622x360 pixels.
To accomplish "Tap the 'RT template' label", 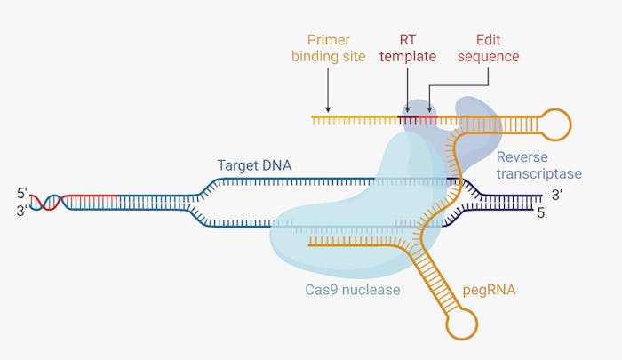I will [x=405, y=48].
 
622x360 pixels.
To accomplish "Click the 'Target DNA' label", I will [x=254, y=165].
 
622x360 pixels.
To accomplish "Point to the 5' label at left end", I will [x=22, y=192].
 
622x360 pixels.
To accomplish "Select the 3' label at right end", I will [x=556, y=195].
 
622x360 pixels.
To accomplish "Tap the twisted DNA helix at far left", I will [x=47, y=201].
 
